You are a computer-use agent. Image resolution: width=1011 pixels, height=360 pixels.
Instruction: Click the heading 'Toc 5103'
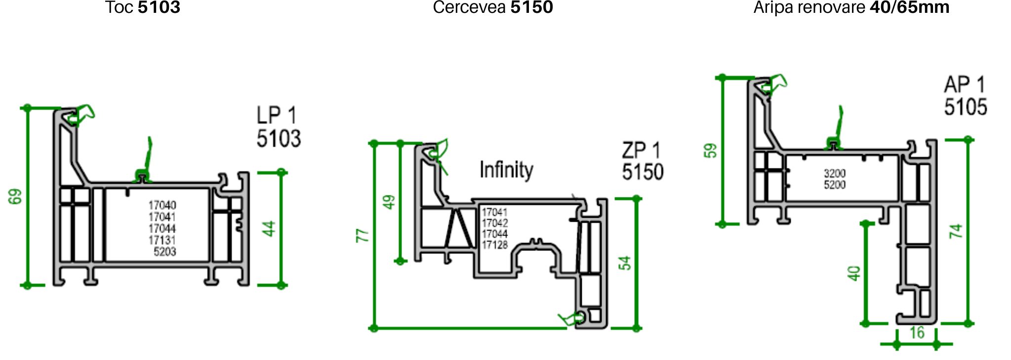point(143,7)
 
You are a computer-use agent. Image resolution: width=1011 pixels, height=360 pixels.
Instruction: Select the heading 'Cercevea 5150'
point(493,7)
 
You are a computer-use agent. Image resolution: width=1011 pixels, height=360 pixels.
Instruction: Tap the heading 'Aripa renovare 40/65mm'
point(851,7)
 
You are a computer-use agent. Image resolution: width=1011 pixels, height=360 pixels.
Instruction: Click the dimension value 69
point(15,197)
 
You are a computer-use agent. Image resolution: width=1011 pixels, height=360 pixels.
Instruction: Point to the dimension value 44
point(268,229)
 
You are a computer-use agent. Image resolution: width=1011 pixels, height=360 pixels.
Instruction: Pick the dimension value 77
point(363,236)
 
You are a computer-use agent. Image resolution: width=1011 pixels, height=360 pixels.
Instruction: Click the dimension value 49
point(390,202)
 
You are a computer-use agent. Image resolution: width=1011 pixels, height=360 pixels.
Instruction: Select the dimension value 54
point(625,263)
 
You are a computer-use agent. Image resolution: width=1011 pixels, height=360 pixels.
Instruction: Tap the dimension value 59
point(710,151)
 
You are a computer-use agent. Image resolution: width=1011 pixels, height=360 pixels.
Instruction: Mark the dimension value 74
point(956,231)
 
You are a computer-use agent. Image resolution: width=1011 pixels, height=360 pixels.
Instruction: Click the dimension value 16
point(917,333)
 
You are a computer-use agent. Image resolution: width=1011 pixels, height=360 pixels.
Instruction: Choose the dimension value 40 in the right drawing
point(854,273)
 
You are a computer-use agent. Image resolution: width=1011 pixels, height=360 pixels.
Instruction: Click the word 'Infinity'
point(506,169)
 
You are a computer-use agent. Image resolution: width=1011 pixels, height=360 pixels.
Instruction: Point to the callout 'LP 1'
point(277,115)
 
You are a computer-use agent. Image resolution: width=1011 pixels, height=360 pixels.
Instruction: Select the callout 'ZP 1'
point(641,150)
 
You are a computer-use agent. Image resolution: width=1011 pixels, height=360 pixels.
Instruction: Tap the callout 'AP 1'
point(965,84)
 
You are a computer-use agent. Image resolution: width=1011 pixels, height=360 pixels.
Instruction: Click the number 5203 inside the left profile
point(164,252)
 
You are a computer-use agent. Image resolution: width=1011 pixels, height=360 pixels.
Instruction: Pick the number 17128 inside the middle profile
point(495,245)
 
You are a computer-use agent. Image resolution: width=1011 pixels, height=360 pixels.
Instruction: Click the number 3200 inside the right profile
point(835,173)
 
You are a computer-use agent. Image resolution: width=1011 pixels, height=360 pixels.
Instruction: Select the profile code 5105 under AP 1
point(966,107)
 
